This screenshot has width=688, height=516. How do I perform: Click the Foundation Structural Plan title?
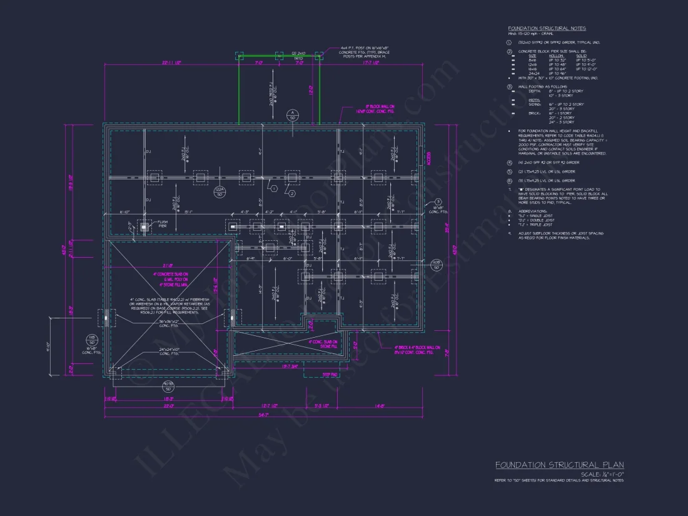(x=559, y=465)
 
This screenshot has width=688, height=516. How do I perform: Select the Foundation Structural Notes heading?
(x=547, y=28)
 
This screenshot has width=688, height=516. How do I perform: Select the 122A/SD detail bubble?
(x=219, y=192)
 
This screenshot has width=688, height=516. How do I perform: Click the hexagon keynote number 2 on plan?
(x=291, y=194)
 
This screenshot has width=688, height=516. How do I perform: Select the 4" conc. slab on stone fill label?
(x=323, y=344)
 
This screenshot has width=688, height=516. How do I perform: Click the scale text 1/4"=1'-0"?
(x=602, y=475)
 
